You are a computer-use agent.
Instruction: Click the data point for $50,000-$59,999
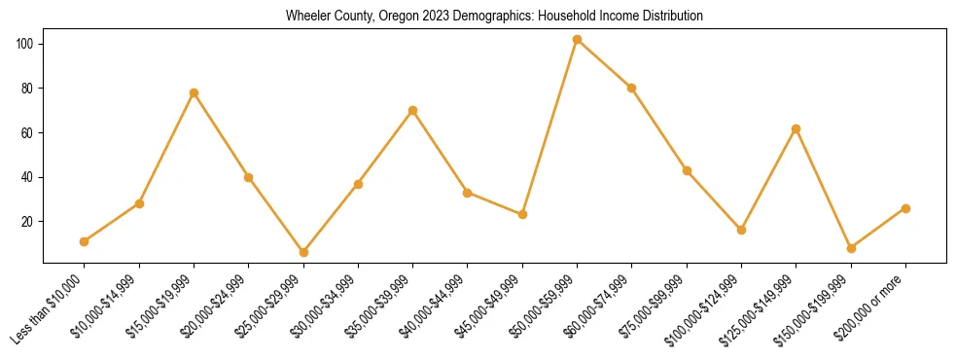tap(578, 40)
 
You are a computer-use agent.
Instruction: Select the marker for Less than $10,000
tap(85, 241)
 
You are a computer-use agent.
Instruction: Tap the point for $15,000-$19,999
tap(194, 93)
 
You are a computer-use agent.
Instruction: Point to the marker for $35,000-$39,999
tap(413, 111)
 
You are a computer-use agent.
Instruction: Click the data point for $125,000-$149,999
tap(797, 128)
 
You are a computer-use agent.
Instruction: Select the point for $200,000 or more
tap(905, 208)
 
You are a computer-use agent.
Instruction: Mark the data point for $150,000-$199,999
tap(851, 248)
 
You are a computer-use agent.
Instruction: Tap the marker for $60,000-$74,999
tap(632, 89)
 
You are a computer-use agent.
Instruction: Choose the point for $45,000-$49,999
tap(522, 214)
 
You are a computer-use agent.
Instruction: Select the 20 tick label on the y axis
tap(28, 222)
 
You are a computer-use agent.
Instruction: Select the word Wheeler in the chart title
tap(306, 17)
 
